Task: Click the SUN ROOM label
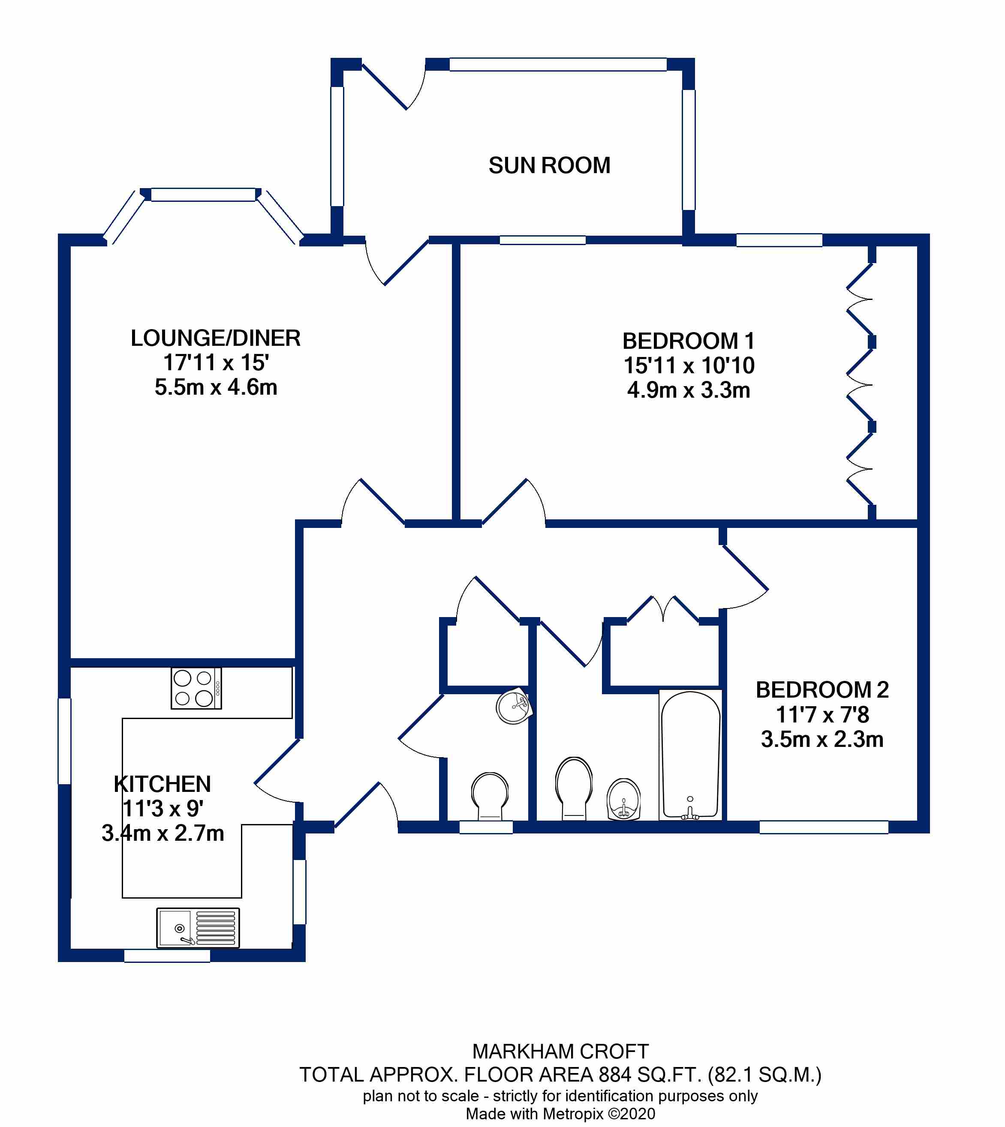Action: pyautogui.click(x=549, y=165)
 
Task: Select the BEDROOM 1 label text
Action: pyautogui.click(x=689, y=341)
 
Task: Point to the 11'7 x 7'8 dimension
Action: pyautogui.click(x=822, y=715)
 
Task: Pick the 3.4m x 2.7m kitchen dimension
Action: pyautogui.click(x=163, y=833)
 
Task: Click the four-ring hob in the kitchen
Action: pyautogui.click(x=196, y=688)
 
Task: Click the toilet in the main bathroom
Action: pyautogui.click(x=574, y=788)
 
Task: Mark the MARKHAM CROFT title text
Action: pyautogui.click(x=560, y=1052)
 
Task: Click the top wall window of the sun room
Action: pyautogui.click(x=558, y=65)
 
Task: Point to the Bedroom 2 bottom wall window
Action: pyautogui.click(x=824, y=827)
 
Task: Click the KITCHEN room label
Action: pyautogui.click(x=162, y=784)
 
